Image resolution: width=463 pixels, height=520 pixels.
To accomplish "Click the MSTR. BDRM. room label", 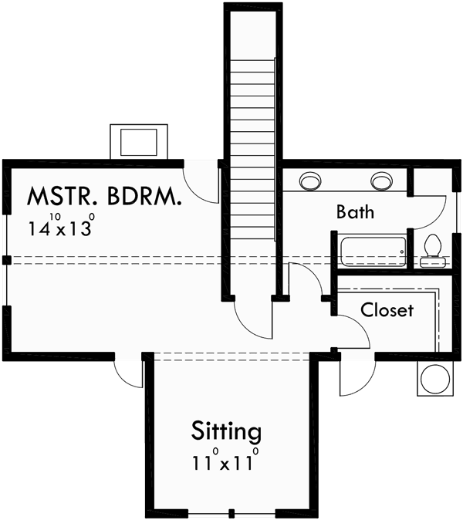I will [105, 197].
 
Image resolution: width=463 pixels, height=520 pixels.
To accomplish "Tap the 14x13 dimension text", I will [62, 227].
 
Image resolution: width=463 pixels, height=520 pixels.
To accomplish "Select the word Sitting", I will [226, 430].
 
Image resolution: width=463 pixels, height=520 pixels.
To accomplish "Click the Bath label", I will [355, 212].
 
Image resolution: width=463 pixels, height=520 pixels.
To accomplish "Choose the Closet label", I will [387, 310].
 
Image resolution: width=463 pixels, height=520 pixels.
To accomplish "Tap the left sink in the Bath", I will [310, 181].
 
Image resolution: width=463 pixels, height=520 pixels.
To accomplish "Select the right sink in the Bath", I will [380, 181].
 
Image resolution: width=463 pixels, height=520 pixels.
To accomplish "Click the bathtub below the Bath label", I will [373, 253].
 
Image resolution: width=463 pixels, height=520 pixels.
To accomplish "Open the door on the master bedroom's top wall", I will [201, 181].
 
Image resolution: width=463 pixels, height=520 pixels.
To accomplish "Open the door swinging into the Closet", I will [351, 332].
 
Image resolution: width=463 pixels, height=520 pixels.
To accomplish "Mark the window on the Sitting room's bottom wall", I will [231, 513].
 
